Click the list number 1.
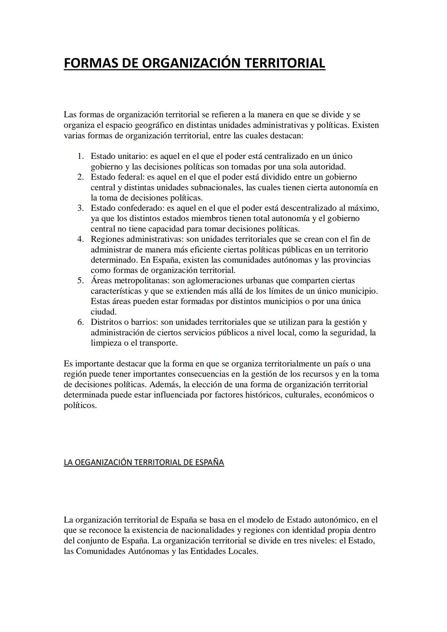point(81,156)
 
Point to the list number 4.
point(81,239)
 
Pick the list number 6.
point(81,322)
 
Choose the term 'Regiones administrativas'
point(137,239)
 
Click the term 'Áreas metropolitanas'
point(130,281)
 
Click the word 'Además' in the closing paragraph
point(165,384)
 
